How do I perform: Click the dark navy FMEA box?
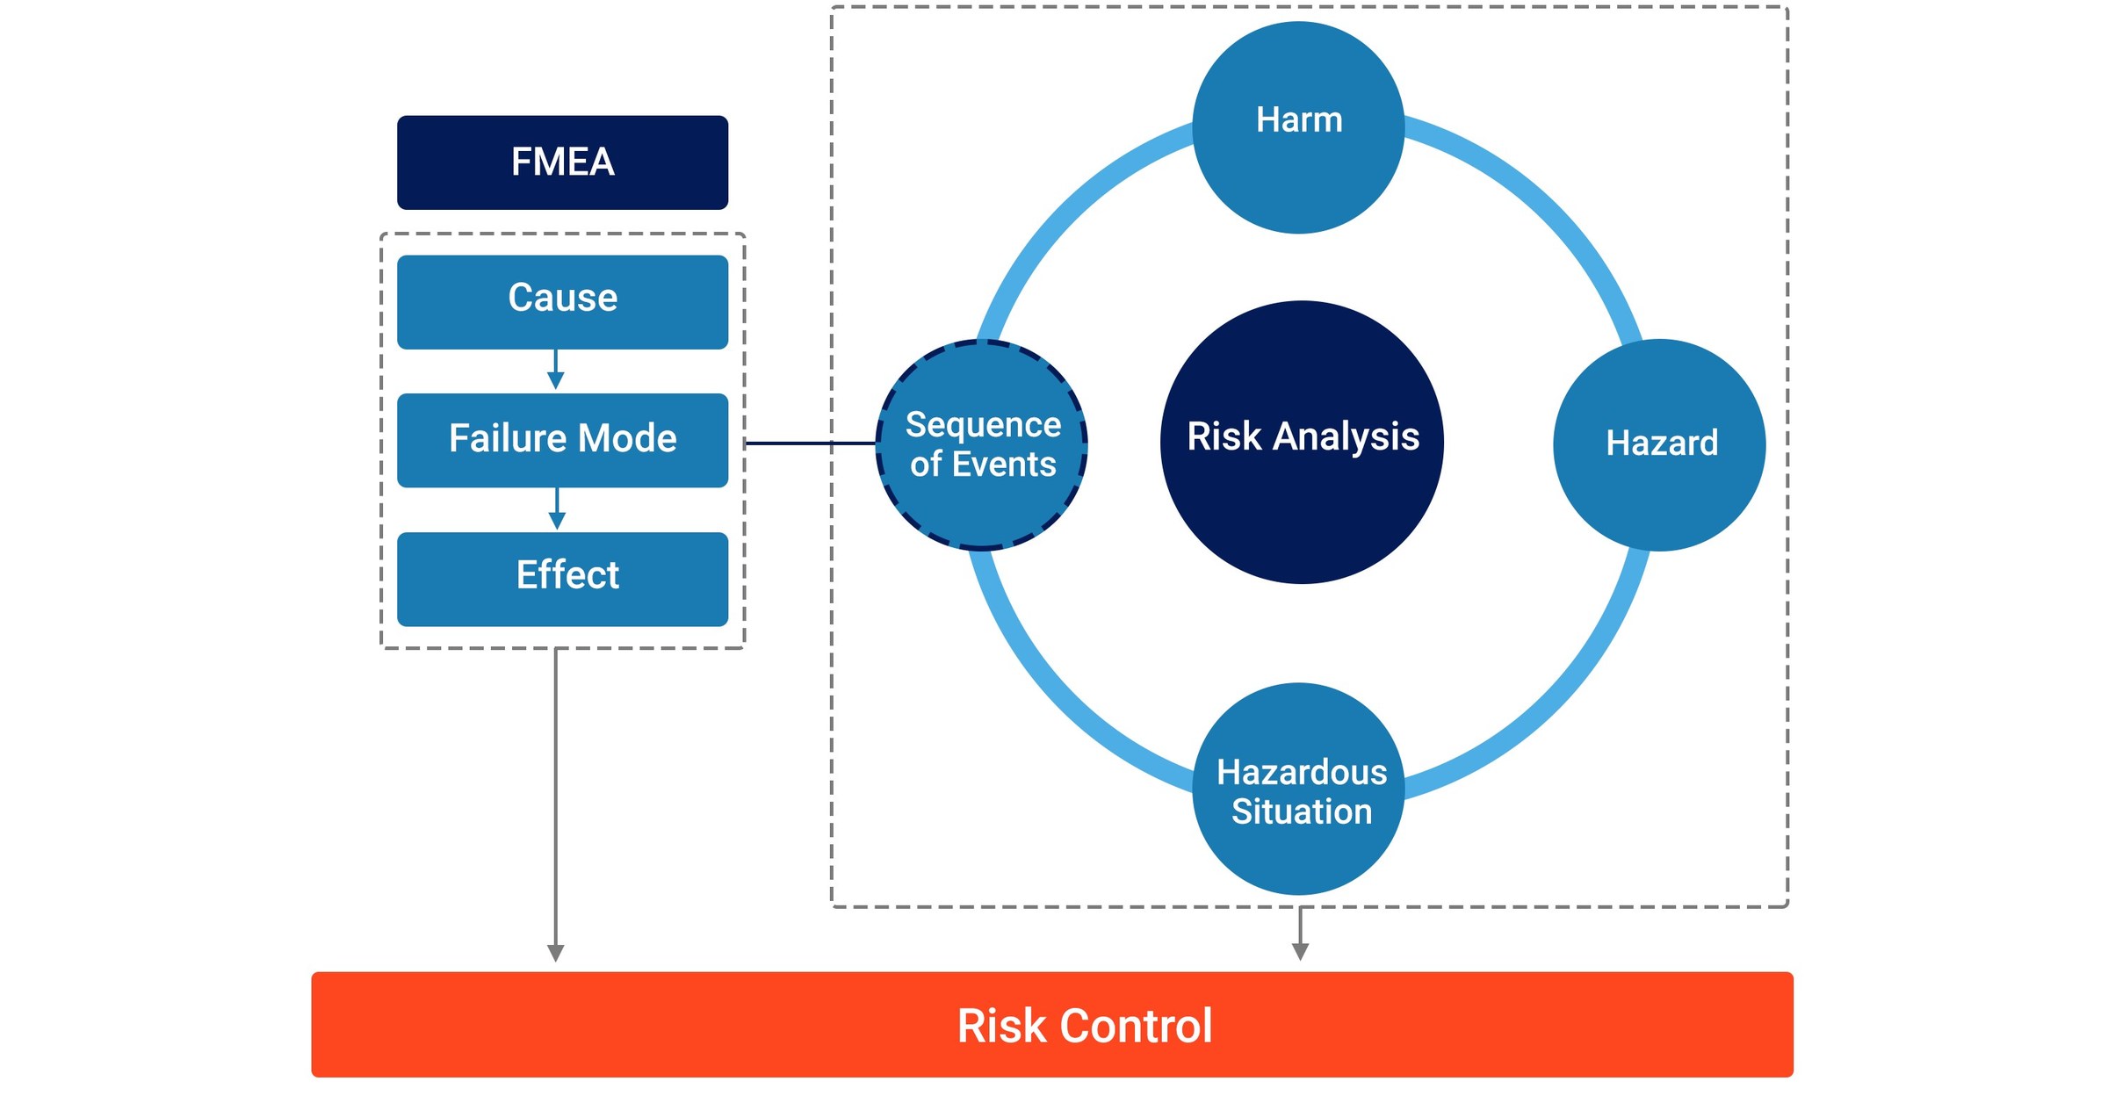point(562,162)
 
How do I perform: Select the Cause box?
point(562,301)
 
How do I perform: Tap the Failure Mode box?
point(562,439)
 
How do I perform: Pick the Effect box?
point(562,578)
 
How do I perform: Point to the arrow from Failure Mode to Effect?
point(557,509)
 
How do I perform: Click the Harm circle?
point(1298,127)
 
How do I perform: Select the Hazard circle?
point(1658,444)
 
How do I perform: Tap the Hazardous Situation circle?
point(1298,789)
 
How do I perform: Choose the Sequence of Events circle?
point(982,444)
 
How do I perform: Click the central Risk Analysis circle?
point(1302,442)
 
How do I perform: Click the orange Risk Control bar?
point(1052,1024)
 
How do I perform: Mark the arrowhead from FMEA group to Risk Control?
point(556,953)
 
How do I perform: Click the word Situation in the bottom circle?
point(1301,811)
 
